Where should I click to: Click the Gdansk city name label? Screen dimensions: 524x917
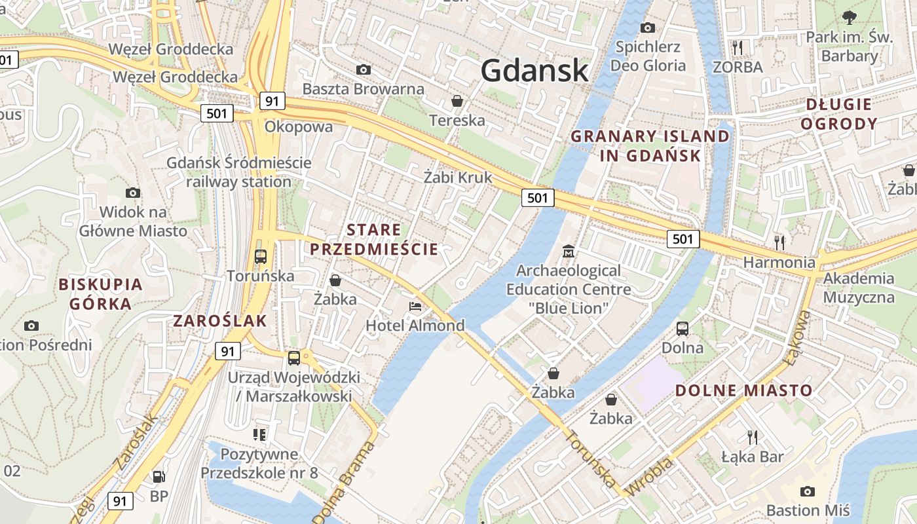point(534,70)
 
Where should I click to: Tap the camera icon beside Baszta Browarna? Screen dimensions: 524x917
point(363,69)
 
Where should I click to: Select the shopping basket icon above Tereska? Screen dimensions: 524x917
point(457,101)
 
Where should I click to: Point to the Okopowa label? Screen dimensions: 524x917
point(299,126)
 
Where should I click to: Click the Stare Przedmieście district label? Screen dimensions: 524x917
point(373,239)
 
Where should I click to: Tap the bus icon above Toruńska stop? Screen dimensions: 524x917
point(260,256)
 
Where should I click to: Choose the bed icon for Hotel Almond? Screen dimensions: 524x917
point(415,306)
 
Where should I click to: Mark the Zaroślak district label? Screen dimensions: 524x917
point(220,320)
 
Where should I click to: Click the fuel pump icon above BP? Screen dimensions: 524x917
point(159,477)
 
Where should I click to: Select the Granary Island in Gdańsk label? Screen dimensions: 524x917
point(650,145)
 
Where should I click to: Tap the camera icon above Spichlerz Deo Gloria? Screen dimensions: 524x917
point(648,28)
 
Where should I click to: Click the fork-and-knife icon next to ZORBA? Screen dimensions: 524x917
point(738,47)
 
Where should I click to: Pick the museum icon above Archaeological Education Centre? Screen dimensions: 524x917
point(569,251)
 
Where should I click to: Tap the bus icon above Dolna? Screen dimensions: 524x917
point(683,328)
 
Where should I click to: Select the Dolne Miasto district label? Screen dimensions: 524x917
point(743,390)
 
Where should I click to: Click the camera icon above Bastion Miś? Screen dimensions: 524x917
point(808,491)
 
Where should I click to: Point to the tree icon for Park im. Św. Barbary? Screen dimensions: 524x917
point(850,18)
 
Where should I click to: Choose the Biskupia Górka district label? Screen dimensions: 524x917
point(100,293)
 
